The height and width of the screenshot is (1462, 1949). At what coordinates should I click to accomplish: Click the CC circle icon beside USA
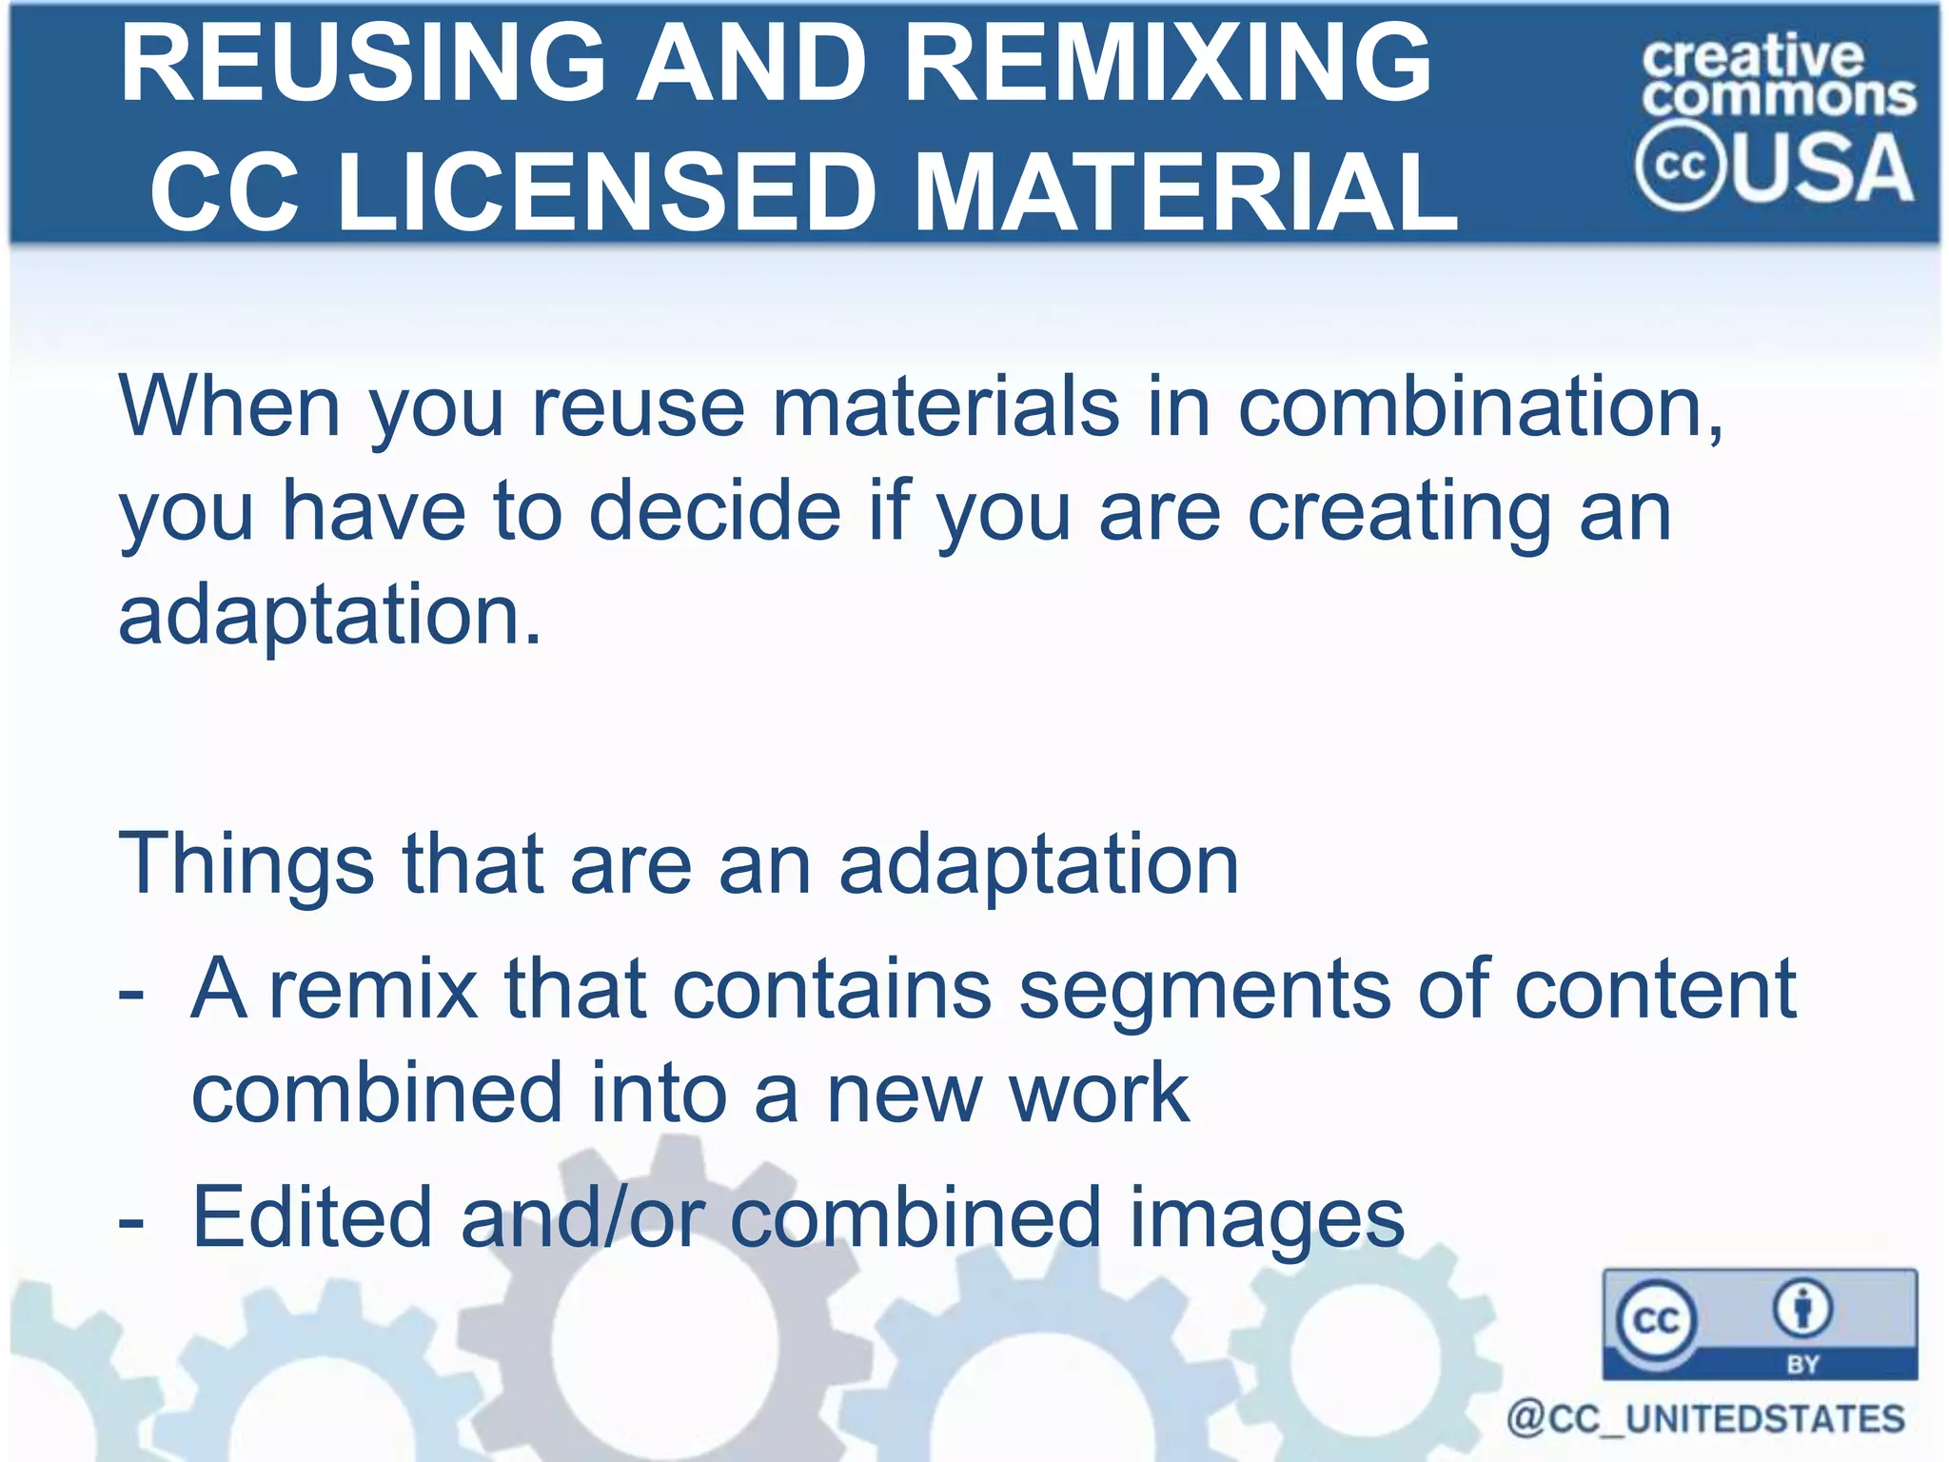tap(1680, 166)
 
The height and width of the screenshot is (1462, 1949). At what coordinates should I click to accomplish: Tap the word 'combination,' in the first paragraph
tap(1480, 407)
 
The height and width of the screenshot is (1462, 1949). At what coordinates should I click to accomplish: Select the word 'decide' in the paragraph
tap(715, 511)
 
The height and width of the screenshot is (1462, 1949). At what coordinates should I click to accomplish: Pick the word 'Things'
tap(246, 864)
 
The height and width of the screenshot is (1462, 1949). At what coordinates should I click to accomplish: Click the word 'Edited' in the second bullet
tap(312, 1217)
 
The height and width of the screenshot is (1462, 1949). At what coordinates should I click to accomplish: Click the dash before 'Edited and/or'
tap(131, 1221)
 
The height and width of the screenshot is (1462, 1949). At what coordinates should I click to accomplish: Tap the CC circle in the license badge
tap(1656, 1320)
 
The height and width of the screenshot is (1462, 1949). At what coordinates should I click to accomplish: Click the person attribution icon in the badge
tap(1801, 1309)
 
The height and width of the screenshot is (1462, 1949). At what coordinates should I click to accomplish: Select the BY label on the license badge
tap(1802, 1364)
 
